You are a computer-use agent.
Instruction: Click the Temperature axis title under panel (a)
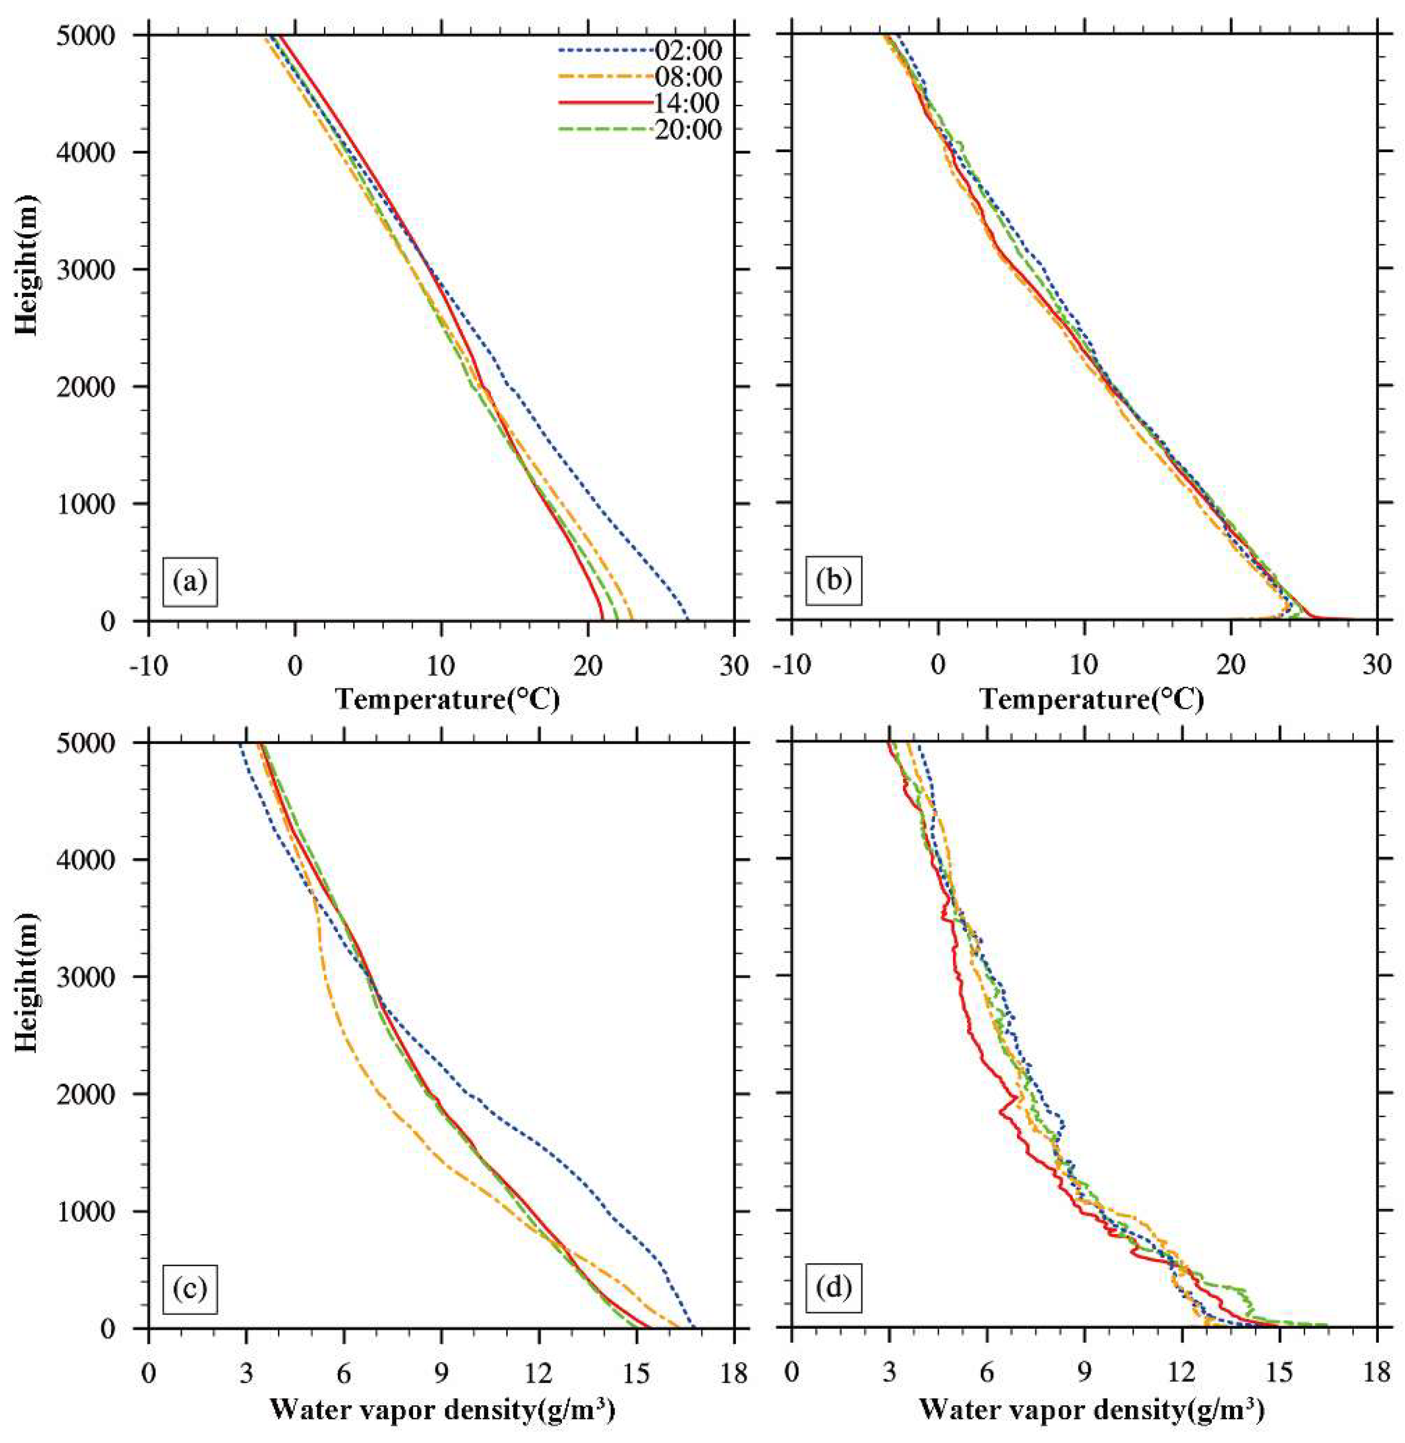point(447,698)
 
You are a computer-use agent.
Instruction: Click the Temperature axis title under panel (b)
point(1092,698)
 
